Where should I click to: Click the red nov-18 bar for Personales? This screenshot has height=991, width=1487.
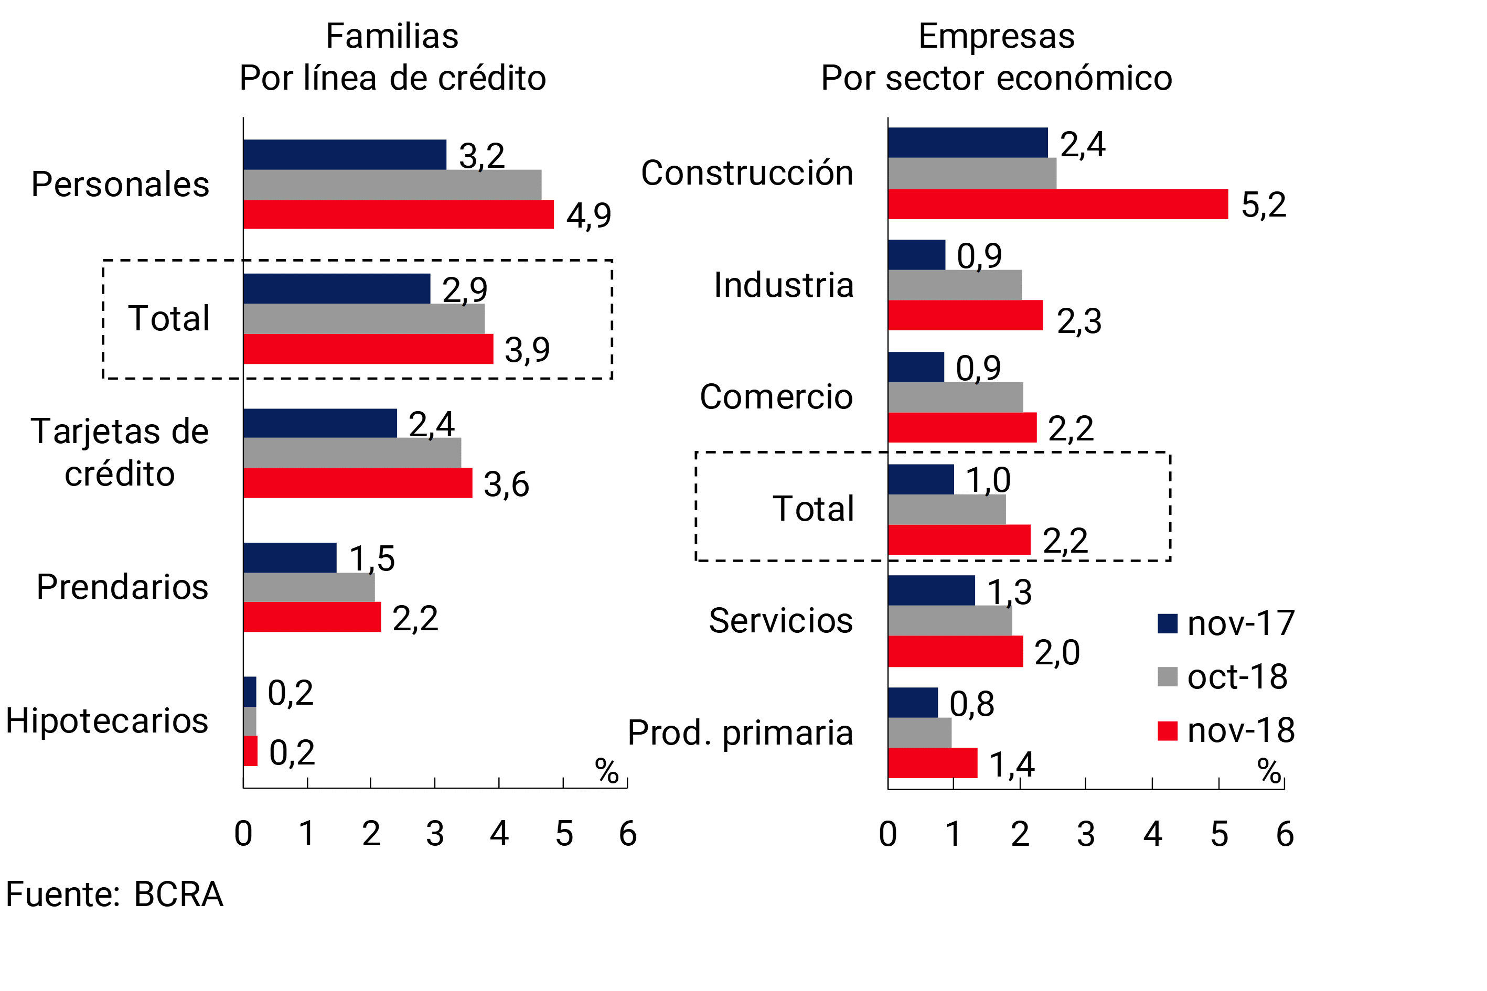[398, 214]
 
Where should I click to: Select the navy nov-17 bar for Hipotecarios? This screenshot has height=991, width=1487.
[250, 692]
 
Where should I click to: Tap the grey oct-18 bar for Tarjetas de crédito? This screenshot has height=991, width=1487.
[352, 453]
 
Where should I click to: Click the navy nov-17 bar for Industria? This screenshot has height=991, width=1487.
[916, 255]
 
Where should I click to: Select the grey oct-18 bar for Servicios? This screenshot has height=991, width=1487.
[949, 621]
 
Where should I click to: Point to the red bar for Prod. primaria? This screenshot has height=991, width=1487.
[933, 763]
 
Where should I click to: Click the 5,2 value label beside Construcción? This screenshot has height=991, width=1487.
[1263, 205]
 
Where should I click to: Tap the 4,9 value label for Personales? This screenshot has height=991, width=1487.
[589, 216]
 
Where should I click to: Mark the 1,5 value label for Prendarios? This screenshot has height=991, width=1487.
[372, 559]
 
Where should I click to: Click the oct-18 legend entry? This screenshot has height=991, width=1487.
[1223, 677]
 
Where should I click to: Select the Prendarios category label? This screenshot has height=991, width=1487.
[122, 587]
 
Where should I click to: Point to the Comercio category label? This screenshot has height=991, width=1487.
[776, 397]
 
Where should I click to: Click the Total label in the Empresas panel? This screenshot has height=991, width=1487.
[813, 508]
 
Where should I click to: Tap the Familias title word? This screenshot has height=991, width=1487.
[392, 36]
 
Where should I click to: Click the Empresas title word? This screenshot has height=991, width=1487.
[997, 36]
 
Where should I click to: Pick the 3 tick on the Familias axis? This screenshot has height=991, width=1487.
[435, 834]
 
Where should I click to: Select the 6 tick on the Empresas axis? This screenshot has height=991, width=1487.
[1285, 834]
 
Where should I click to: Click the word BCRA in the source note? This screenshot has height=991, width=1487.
[178, 895]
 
